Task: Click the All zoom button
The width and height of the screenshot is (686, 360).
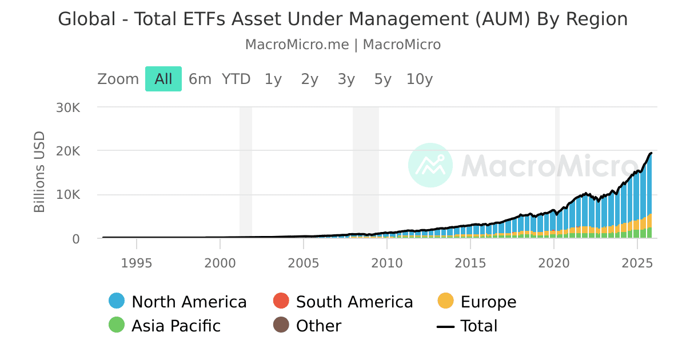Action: point(163,79)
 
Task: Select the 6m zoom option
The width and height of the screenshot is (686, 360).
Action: point(200,79)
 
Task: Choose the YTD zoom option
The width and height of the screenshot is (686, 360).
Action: point(236,79)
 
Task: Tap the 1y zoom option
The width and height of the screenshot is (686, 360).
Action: point(273,79)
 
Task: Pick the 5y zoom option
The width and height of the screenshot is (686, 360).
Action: point(383,79)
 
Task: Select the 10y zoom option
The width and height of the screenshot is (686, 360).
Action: point(420,79)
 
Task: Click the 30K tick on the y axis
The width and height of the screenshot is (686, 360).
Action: point(67,107)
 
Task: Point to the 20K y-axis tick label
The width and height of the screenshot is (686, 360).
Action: point(67,151)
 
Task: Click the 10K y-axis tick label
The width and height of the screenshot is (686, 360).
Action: point(67,195)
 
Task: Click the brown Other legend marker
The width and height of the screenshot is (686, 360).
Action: point(281,326)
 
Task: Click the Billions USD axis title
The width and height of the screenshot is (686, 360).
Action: point(39,172)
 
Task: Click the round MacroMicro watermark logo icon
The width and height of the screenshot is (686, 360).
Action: point(430,165)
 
